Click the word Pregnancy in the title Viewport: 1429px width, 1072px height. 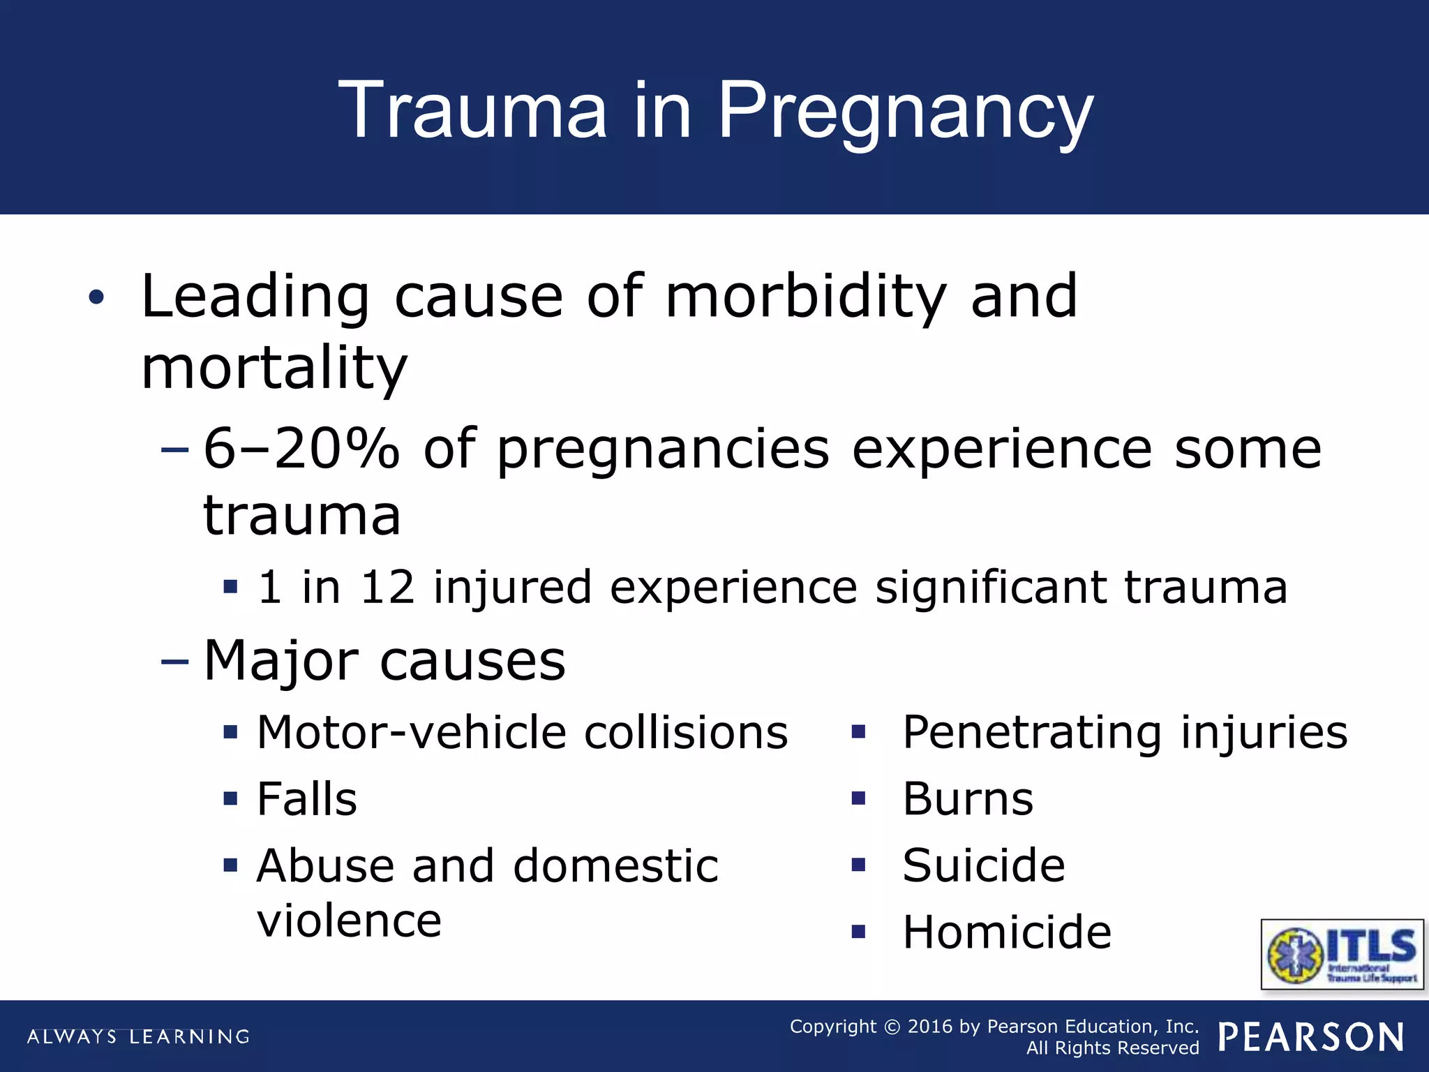pos(905,112)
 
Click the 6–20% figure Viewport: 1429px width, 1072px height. pos(301,449)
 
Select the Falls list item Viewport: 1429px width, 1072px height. pos(307,799)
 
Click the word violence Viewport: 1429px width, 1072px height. pos(349,921)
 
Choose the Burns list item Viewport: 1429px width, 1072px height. pos(968,799)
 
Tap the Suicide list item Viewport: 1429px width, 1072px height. pos(984,865)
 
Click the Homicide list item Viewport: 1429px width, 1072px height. pos(1007,932)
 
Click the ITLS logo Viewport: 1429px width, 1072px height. pos(1342,954)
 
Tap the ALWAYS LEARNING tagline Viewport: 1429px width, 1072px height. pos(138,1036)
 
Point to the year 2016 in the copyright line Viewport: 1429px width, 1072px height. pos(929,1027)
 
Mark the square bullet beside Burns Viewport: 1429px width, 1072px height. pos(858,798)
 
